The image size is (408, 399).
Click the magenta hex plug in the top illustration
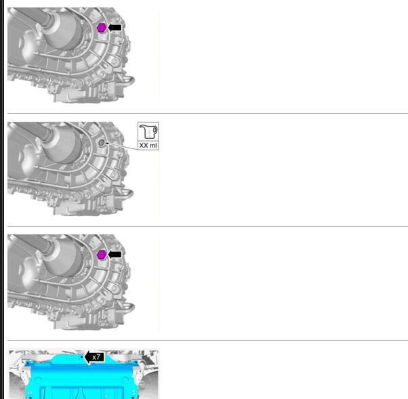pos(101,28)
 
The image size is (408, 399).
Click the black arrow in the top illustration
pos(115,27)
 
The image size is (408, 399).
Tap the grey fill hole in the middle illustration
pos(102,142)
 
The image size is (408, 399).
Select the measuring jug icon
pos(148,131)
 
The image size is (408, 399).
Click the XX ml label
pos(148,145)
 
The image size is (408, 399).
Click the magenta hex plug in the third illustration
pos(101,255)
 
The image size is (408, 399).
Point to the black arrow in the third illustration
pos(115,255)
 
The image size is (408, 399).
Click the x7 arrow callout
pos(94,357)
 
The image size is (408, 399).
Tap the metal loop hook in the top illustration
pos(128,81)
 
